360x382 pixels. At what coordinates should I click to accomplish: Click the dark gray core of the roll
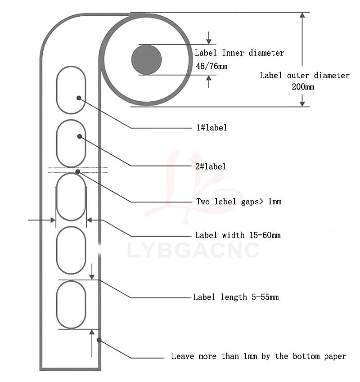tap(146, 59)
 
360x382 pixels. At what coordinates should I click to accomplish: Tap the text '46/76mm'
tap(211, 67)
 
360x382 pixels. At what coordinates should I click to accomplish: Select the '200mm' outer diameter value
tap(303, 87)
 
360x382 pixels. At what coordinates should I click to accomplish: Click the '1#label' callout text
tap(211, 128)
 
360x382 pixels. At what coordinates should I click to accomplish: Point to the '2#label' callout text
tap(211, 166)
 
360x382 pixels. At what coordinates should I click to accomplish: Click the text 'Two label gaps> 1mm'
tap(238, 201)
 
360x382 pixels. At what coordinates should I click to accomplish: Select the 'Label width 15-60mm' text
tap(238, 235)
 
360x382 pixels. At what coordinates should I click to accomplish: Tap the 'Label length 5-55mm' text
tap(236, 297)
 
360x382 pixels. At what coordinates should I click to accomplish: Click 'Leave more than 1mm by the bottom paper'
tap(259, 356)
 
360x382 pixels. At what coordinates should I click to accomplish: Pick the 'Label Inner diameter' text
tap(239, 53)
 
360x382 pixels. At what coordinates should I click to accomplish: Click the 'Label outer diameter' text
tap(305, 76)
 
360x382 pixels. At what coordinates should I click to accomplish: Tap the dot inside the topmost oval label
tap(79, 98)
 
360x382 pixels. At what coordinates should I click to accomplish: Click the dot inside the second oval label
tap(80, 136)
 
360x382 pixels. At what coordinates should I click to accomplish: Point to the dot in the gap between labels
tap(78, 171)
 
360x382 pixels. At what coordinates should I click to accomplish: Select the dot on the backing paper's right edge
tap(99, 340)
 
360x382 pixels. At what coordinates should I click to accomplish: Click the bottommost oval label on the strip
tap(71, 304)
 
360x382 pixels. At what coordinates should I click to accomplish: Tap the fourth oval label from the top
tap(71, 250)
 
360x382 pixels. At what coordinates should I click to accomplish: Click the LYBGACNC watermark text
tap(193, 250)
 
